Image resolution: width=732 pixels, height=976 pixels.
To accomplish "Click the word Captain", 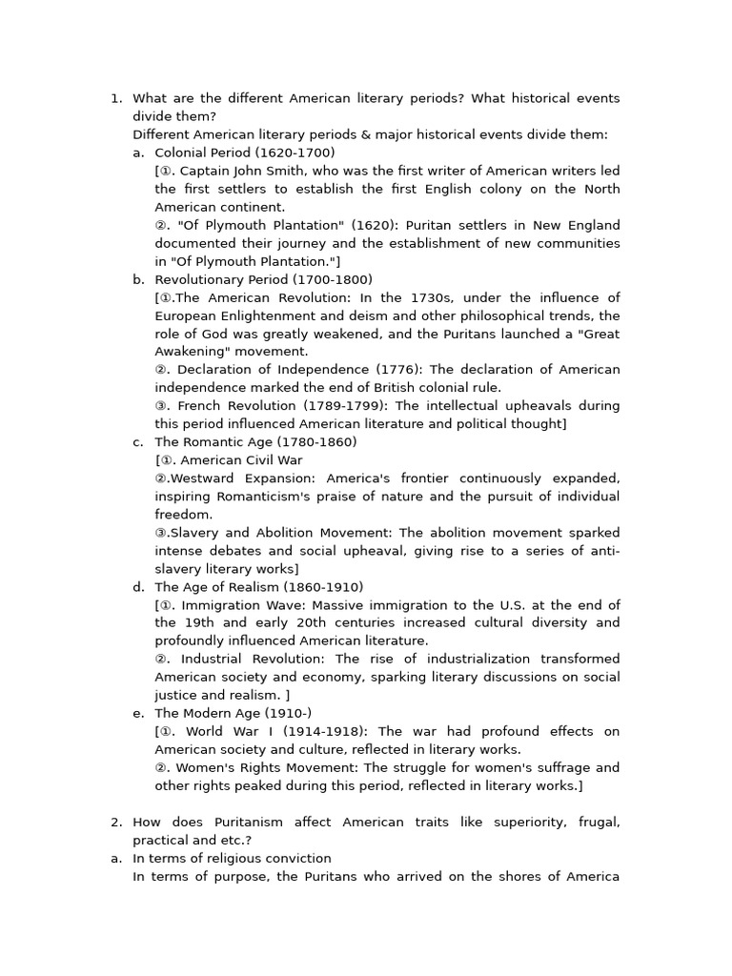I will point(206,172).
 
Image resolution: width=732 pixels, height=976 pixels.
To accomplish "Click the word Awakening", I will point(187,352).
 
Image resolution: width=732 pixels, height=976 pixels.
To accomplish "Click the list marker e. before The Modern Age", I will point(138,714).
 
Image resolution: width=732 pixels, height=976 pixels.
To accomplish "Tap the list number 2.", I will point(115,823).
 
